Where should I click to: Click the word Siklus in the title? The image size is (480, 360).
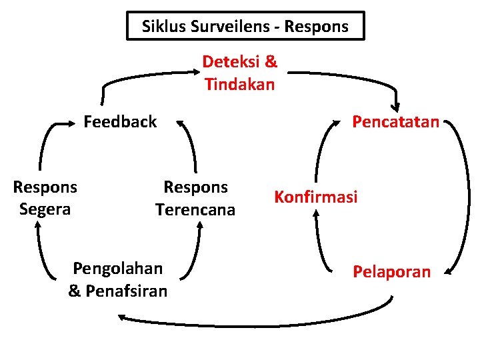point(161,27)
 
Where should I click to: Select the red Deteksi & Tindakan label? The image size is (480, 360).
point(240,73)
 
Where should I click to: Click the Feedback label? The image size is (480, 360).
point(120,122)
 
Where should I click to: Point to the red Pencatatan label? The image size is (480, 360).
point(395,122)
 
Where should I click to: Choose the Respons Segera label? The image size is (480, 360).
point(45,198)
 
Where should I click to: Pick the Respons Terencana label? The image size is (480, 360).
point(195,198)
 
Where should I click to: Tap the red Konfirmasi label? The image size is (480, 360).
point(315,197)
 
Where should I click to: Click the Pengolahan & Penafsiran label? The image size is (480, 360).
point(118,279)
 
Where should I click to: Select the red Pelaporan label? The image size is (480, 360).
point(391,272)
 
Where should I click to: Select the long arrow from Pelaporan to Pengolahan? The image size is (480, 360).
point(267,324)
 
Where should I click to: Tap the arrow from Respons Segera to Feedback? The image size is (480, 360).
point(47,143)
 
